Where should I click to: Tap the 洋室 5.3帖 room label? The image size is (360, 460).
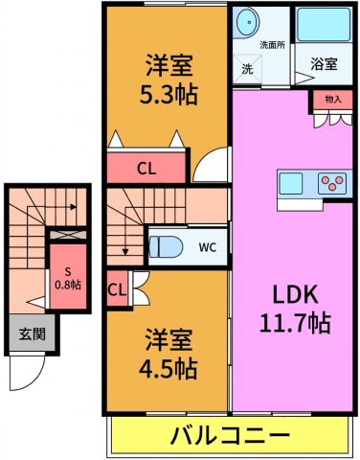pos(169,80)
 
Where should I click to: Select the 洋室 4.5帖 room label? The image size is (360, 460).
pos(168,354)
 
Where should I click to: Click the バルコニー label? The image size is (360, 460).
pos(230,435)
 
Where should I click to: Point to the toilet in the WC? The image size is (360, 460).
pos(166,246)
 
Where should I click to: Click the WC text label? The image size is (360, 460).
pos(208,247)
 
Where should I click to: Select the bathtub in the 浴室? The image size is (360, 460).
pos(324,24)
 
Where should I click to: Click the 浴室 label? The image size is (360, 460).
pos(324,64)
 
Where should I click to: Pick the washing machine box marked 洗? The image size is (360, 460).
pos(247,69)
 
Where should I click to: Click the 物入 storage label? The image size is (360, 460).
pos(333,100)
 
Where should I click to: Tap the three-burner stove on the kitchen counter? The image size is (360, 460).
pos(332,183)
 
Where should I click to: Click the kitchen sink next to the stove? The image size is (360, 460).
pos(290,183)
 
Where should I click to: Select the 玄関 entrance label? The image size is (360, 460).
pos(33,333)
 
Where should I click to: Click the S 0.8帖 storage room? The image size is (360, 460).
pos(68,277)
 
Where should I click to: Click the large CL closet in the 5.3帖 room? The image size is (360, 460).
pos(146,168)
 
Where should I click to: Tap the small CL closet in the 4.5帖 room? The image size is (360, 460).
pos(117,290)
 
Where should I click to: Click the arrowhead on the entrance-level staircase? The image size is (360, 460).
pos(74,207)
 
